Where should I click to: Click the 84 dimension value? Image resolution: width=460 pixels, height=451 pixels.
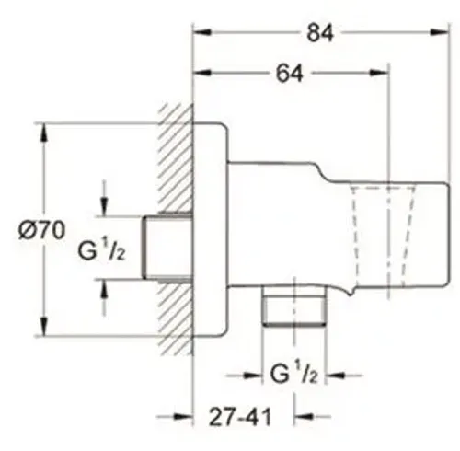coord(320,33)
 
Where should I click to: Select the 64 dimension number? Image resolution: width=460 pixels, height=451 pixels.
coord(289,74)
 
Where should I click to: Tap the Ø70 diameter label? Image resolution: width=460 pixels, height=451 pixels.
coord(42,230)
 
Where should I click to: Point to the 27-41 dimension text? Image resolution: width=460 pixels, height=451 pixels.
coord(240,417)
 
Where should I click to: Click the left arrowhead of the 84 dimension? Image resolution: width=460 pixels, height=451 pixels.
coord(202,32)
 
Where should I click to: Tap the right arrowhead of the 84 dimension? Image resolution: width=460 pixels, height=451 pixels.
coord(440,32)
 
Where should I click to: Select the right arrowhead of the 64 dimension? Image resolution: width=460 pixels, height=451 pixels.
coord(379,73)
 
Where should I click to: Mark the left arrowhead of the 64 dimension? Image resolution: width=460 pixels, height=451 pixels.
coord(202,73)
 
